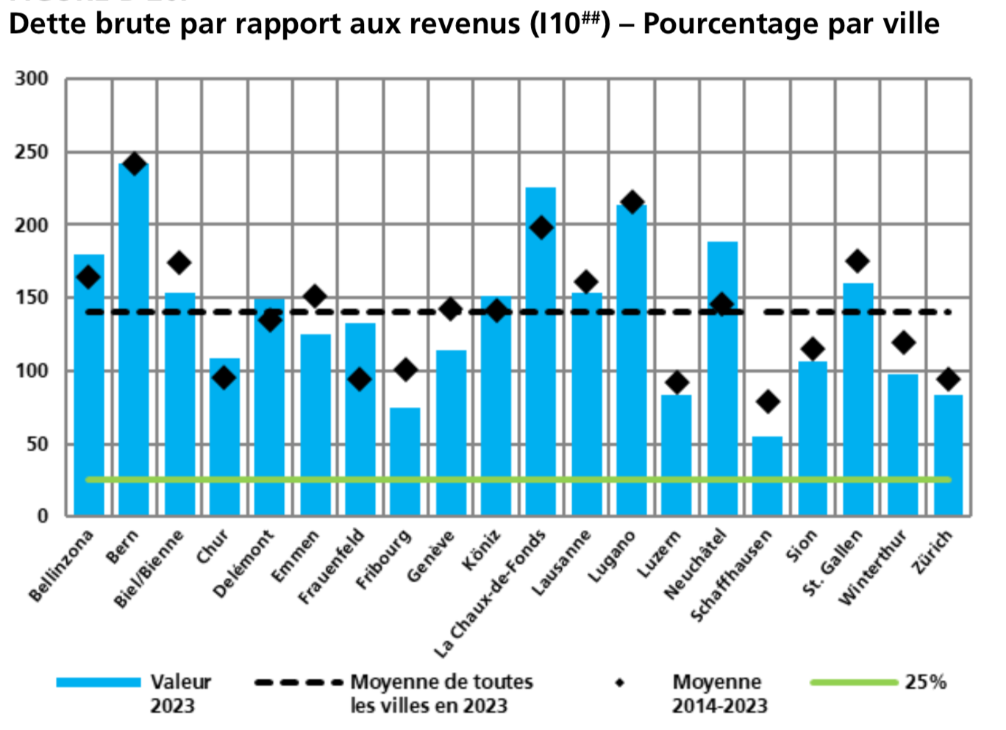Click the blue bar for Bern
tap(134, 339)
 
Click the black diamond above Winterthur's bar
tap(903, 342)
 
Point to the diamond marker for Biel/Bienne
tap(179, 263)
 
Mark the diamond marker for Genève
tap(451, 309)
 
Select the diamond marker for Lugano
tap(632, 202)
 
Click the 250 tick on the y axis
tap(32, 152)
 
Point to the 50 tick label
tap(36, 444)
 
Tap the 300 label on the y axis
tap(32, 79)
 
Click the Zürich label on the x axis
tap(932, 551)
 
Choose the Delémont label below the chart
tap(243, 563)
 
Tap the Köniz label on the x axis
tap(482, 550)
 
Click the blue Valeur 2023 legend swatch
tap(99, 683)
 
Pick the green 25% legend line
tap(854, 683)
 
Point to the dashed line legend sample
tap(299, 683)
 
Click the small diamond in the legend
tap(620, 683)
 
